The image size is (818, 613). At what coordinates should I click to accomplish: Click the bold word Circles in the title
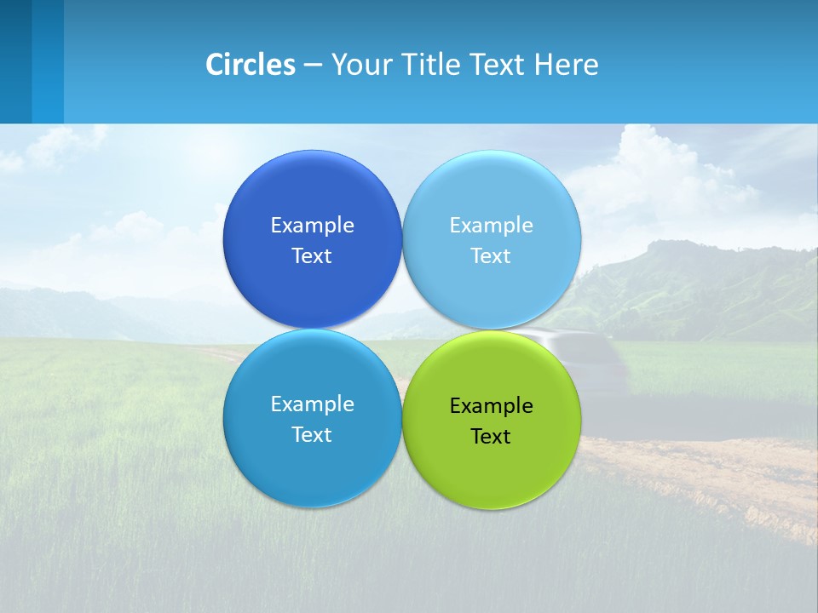click(250, 65)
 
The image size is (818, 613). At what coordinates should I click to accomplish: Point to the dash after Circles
click(313, 66)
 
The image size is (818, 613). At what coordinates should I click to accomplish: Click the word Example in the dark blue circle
click(312, 225)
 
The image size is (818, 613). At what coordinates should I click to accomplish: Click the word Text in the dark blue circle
click(312, 255)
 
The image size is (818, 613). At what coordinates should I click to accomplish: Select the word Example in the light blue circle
click(491, 225)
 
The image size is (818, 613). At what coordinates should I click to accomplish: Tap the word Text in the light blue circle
click(491, 255)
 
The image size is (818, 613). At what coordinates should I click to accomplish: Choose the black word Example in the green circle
click(491, 405)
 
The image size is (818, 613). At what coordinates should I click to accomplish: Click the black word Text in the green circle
click(491, 436)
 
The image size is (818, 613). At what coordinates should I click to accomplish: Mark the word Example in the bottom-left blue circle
click(312, 404)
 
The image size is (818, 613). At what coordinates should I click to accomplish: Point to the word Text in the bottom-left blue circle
click(312, 434)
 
